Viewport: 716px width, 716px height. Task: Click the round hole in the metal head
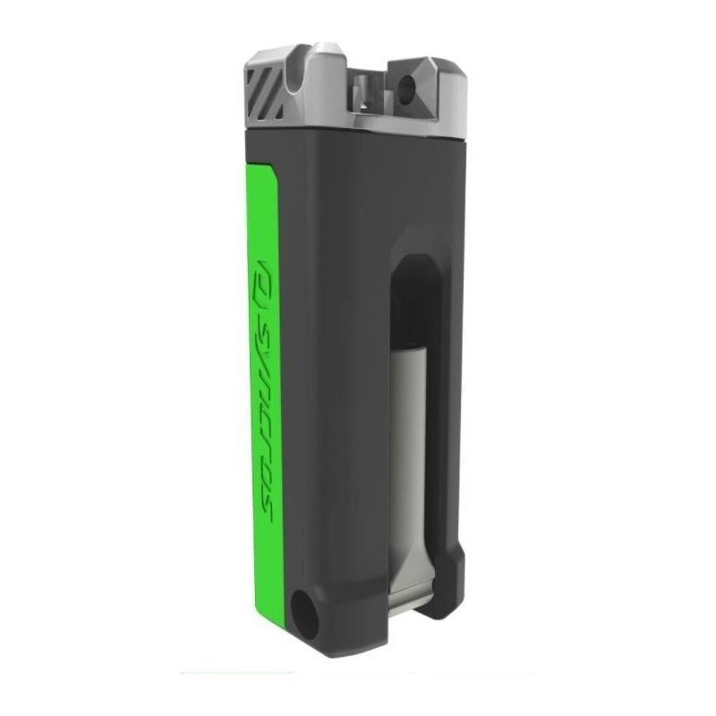(x=410, y=88)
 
